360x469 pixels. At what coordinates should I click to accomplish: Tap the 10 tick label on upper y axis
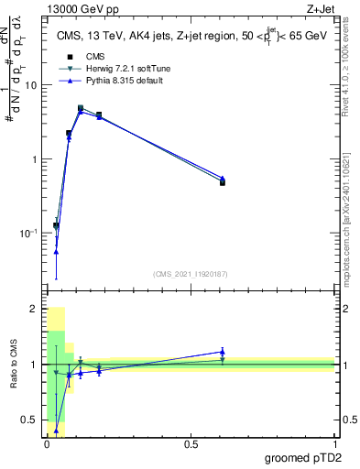click(x=31, y=85)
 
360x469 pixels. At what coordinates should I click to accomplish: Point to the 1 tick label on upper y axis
click(x=34, y=159)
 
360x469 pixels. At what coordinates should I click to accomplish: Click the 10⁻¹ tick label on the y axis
click(x=29, y=234)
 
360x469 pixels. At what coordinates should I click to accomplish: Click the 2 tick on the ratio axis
click(x=34, y=310)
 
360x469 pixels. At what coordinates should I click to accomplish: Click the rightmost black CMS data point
click(x=223, y=183)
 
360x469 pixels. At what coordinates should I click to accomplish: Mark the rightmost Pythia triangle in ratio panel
click(x=223, y=352)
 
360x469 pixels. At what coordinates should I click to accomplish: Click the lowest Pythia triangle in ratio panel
click(x=56, y=430)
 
